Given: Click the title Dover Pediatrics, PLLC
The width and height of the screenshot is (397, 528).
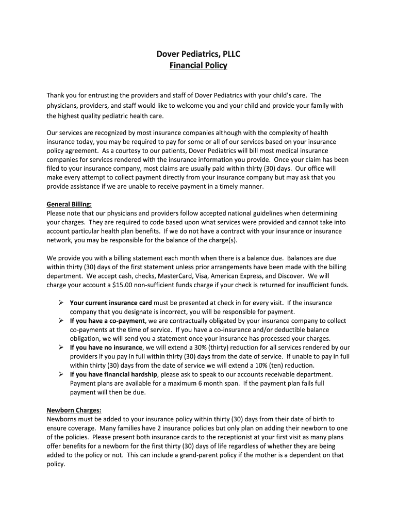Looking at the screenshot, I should tap(198, 54).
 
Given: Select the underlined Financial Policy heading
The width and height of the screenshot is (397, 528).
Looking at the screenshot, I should tap(198, 65).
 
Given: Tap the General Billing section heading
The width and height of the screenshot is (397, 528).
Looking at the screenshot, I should tap(69, 204).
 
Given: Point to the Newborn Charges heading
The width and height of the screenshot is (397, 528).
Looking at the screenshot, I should tap(74, 410).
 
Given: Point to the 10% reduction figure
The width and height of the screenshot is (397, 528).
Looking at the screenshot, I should tap(266, 365).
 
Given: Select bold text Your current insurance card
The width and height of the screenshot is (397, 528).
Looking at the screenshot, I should tap(111, 303).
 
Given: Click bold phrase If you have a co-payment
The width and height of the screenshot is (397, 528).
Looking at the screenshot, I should tap(108, 321).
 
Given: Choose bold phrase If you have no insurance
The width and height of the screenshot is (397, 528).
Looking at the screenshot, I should tap(106, 348).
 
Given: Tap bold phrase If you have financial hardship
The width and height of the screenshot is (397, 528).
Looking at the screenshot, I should tap(114, 374).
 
